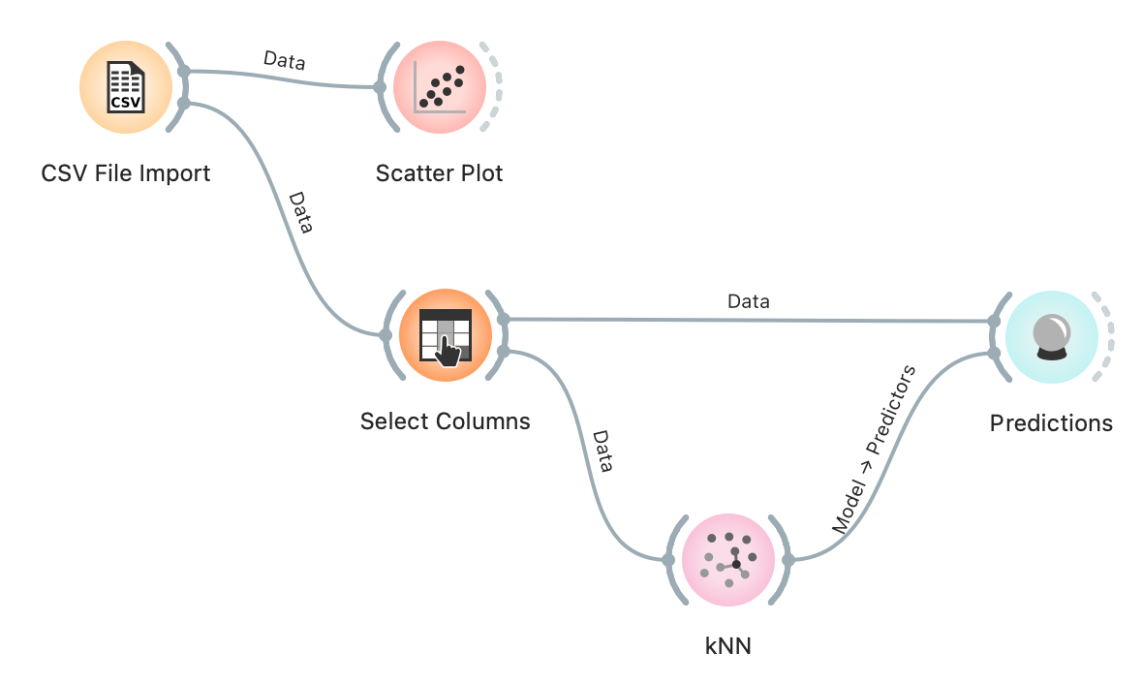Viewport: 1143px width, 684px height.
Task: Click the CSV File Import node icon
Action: coord(125,87)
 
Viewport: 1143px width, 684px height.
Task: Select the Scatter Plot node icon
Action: coord(440,87)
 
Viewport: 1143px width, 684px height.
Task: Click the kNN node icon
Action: coord(728,559)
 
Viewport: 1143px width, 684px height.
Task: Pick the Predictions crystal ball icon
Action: coord(1051,335)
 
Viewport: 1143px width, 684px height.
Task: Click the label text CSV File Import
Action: coord(126,174)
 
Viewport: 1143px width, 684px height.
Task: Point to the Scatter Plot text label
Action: coord(440,174)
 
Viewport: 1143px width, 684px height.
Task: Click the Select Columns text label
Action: coord(446,422)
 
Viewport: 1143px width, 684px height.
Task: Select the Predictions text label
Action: coord(1051,423)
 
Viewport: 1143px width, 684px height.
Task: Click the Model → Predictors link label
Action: coord(874,450)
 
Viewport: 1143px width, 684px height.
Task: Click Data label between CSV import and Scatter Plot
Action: coord(285,61)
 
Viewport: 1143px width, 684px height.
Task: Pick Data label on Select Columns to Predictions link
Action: coord(749,302)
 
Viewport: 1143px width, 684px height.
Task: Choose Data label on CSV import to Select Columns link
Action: coord(301,213)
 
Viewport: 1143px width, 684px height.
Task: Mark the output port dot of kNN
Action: coord(788,559)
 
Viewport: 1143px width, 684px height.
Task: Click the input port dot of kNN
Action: coord(668,559)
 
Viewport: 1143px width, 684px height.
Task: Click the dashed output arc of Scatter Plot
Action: coord(497,87)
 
